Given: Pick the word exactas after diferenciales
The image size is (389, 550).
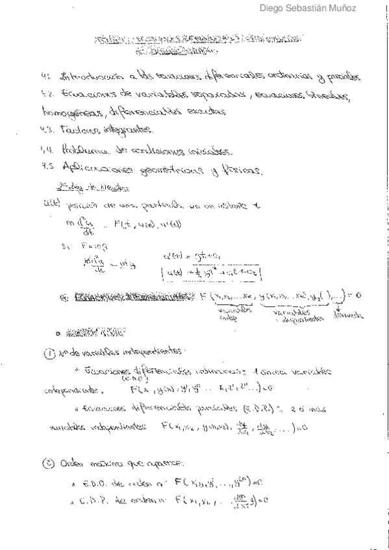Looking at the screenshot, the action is point(208,110).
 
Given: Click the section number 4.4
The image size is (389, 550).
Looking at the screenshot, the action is point(46,152).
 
